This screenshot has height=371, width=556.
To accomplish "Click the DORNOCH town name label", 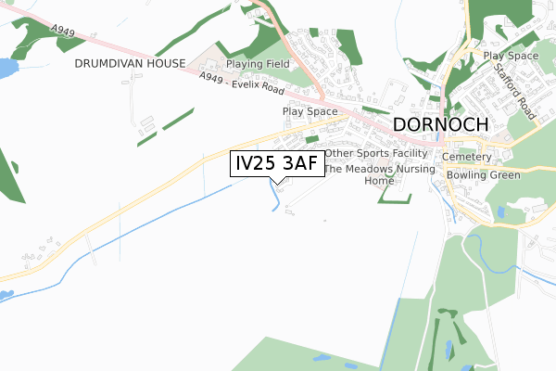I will pos(440,125).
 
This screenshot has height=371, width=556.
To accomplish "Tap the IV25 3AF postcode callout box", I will pos(277,164).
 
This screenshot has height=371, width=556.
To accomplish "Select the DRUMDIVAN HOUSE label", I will pos(130,64).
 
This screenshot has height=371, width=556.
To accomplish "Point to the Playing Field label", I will pos(259,64).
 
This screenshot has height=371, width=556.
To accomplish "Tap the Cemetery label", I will pos(473,158).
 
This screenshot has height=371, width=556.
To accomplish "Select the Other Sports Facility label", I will pos(376,153).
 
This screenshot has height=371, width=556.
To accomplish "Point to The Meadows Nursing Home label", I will pos(378,175).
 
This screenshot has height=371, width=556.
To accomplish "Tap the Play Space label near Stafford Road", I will pos(511,57).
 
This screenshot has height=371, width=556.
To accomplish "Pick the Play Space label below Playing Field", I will pos(310,112).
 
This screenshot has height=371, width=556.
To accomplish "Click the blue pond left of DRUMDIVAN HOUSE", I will pos(5,68).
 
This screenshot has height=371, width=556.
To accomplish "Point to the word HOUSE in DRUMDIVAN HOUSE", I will pos(170,64).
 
